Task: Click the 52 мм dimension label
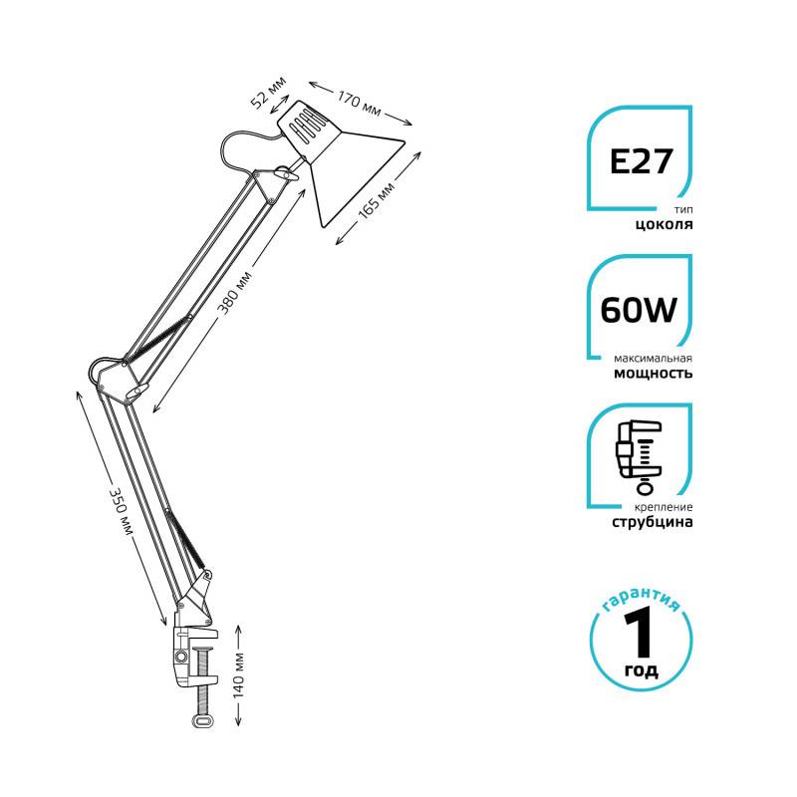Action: (x=269, y=92)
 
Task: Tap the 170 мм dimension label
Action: (x=360, y=104)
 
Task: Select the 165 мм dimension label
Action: (x=377, y=200)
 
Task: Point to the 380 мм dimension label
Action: (x=234, y=293)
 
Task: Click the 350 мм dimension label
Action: (x=122, y=512)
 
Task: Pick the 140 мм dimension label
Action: (x=238, y=674)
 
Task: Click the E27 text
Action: (x=641, y=161)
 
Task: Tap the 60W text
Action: (x=639, y=310)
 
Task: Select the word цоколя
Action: (x=664, y=224)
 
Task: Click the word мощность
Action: (x=654, y=373)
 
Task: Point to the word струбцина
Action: (x=653, y=522)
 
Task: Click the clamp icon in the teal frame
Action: (x=639, y=456)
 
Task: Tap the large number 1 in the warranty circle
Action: (x=639, y=634)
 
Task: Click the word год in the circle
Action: (x=641, y=670)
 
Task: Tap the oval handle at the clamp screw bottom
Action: (x=203, y=720)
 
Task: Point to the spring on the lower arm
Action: (x=187, y=540)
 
